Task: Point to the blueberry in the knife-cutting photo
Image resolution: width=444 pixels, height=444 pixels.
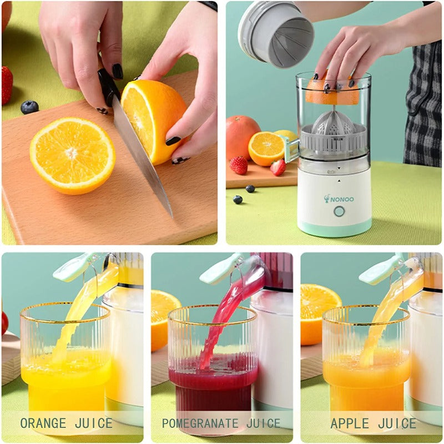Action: [x=29, y=107]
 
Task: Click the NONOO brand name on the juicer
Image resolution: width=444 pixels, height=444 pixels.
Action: [x=343, y=199]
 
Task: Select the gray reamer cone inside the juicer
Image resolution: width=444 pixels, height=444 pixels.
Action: [x=333, y=125]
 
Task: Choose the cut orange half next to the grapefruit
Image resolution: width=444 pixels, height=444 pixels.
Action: [x=266, y=148]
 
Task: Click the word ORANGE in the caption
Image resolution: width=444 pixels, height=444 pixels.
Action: [x=43, y=423]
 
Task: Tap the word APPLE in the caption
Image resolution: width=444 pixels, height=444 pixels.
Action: [x=349, y=423]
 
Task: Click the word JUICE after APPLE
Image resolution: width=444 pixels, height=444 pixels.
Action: [x=397, y=423]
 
